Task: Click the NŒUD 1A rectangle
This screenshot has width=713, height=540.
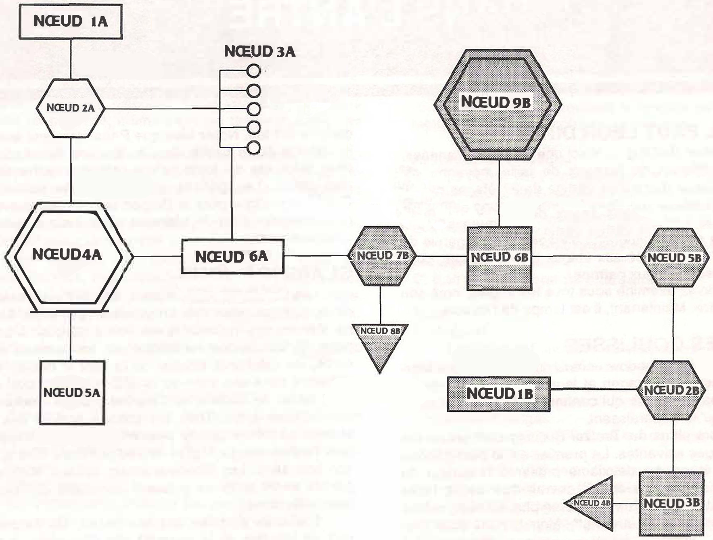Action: [x=71, y=21]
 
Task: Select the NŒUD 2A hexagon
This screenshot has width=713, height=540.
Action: [x=71, y=108]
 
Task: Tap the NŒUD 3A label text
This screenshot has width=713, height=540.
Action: [x=259, y=52]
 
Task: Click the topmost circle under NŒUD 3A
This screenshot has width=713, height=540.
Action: [x=253, y=71]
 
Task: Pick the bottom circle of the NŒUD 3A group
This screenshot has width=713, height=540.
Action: [x=253, y=148]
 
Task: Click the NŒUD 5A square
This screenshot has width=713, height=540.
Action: [x=72, y=392]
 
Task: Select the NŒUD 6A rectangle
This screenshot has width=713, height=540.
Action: [x=232, y=257]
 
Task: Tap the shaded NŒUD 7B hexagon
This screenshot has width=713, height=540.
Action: [x=382, y=256]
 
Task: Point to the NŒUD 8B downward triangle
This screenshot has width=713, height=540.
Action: [x=380, y=343]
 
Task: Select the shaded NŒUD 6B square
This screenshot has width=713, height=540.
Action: [x=499, y=258]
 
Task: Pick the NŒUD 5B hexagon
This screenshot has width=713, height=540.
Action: [x=675, y=257]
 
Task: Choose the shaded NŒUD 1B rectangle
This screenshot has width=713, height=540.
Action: [x=499, y=393]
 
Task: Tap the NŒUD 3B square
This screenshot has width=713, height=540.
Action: [x=671, y=504]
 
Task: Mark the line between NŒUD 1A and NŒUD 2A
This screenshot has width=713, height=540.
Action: [x=71, y=59]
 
